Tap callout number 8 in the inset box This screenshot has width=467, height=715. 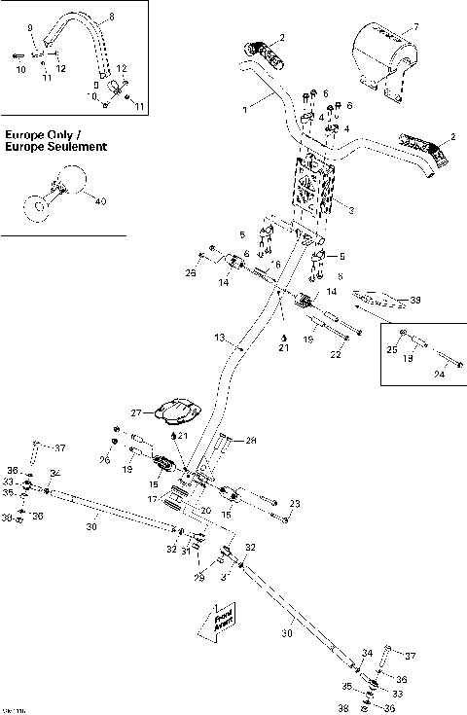(x=110, y=18)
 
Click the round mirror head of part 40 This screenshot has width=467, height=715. (x=70, y=180)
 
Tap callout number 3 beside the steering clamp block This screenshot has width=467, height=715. (x=350, y=210)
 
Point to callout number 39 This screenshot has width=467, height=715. (x=416, y=301)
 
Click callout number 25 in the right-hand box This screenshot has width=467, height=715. (x=391, y=346)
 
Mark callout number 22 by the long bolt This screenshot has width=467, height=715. (x=336, y=355)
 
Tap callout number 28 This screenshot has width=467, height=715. (x=251, y=440)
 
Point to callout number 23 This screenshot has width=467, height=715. (x=296, y=502)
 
